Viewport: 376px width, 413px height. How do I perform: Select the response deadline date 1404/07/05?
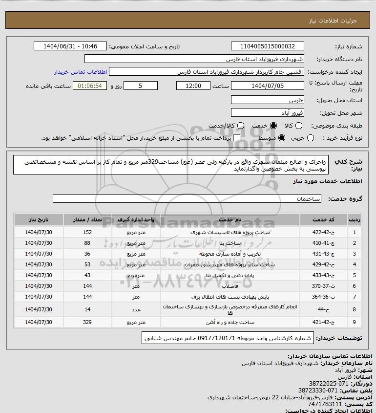[267, 86]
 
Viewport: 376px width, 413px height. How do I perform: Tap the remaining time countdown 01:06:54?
[89, 86]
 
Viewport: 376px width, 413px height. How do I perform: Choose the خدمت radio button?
[273, 126]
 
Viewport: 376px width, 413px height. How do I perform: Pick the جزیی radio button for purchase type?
[311, 138]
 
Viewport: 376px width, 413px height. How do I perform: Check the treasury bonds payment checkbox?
[237, 138]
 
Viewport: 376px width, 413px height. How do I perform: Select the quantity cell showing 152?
[101, 233]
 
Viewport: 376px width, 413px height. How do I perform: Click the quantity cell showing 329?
[101, 323]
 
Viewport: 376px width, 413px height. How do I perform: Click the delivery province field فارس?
[267, 100]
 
